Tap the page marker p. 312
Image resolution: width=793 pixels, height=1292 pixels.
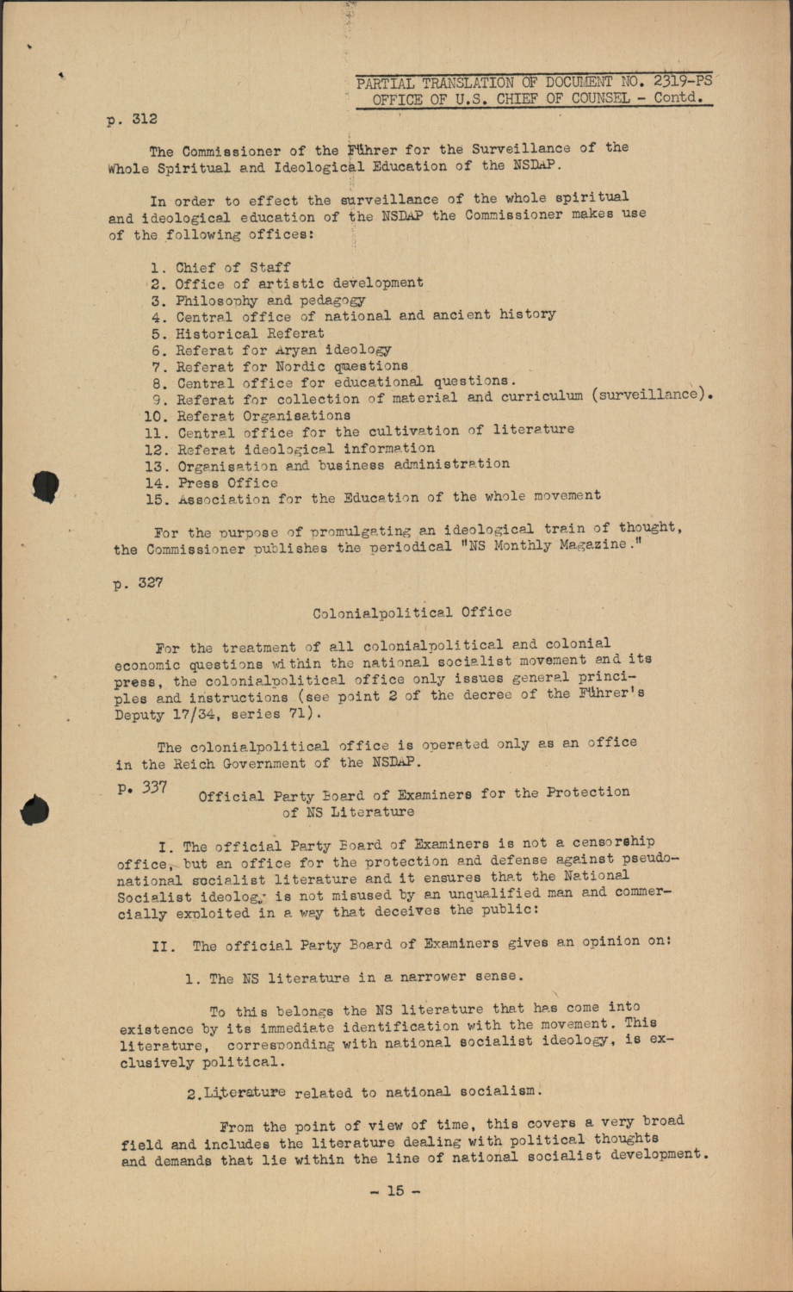[x=132, y=119]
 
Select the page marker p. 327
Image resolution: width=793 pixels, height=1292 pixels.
[x=138, y=583]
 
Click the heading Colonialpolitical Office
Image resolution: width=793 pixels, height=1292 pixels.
[x=412, y=612]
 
